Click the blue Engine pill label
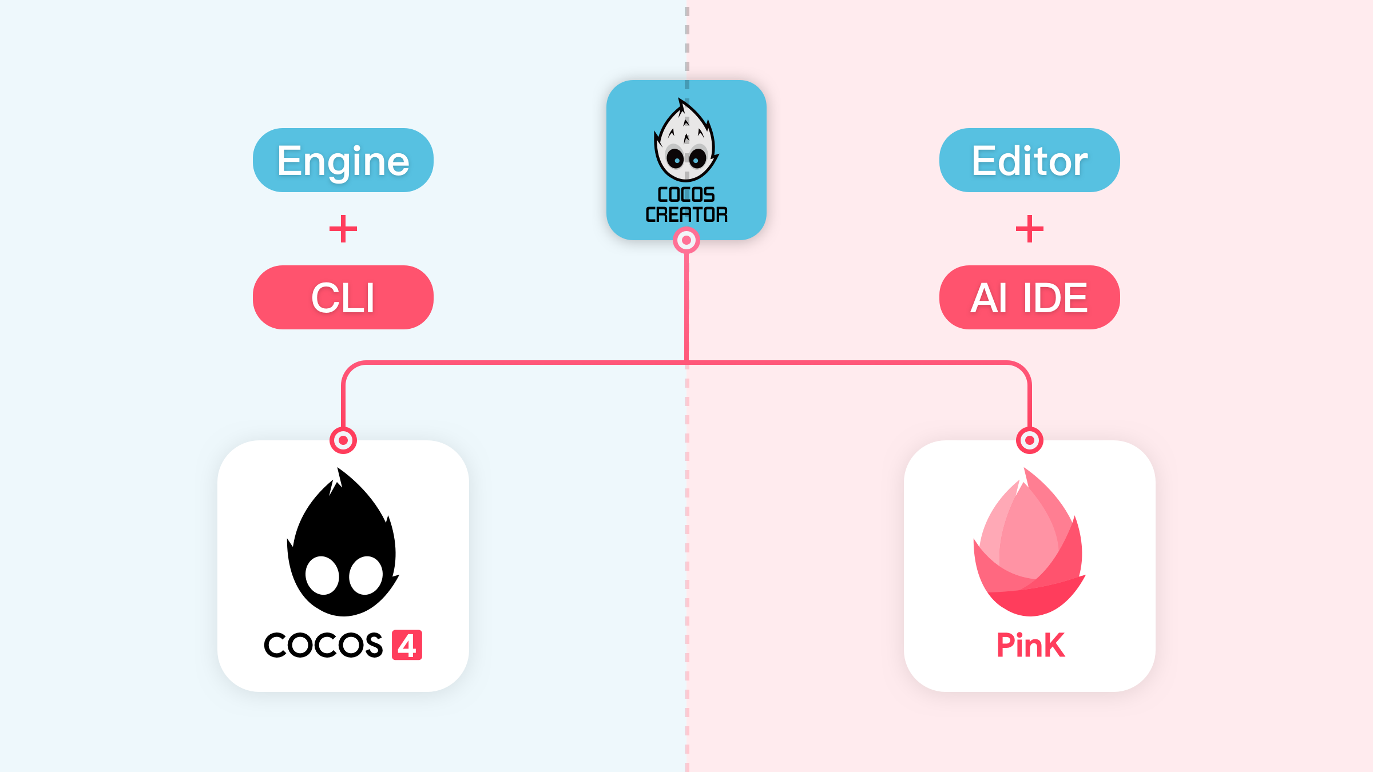click(x=343, y=160)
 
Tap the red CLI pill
click(x=343, y=297)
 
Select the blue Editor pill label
click(x=1030, y=160)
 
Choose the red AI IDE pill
click(x=1030, y=297)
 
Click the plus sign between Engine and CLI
click(x=343, y=229)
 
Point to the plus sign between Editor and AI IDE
click(x=1030, y=229)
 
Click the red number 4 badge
click(x=407, y=645)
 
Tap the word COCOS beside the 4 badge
click(x=323, y=645)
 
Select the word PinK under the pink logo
click(x=1030, y=645)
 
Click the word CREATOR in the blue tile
click(x=687, y=214)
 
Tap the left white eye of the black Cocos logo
click(x=322, y=575)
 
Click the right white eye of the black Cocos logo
click(x=366, y=575)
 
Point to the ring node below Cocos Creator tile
click(x=687, y=240)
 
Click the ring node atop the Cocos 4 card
click(x=343, y=440)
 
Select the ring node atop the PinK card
click(x=1030, y=440)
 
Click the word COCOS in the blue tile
click(x=687, y=194)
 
